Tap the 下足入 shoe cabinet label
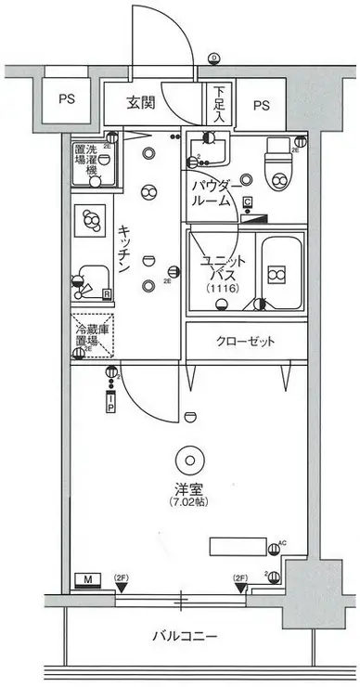pyautogui.click(x=219, y=104)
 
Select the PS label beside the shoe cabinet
pyautogui.click(x=262, y=104)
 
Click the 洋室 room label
pyautogui.click(x=188, y=488)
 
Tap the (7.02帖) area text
pyautogui.click(x=188, y=503)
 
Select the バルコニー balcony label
pyautogui.click(x=186, y=637)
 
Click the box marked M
pyautogui.click(x=88, y=581)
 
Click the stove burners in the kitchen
pyautogui.click(x=91, y=220)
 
